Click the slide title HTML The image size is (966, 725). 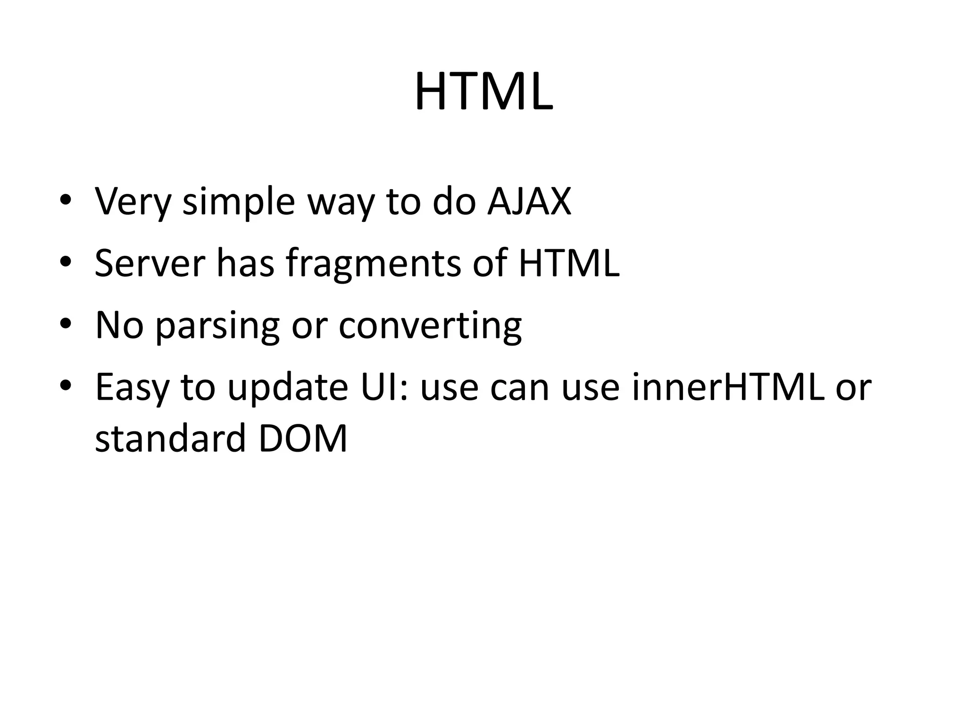483,92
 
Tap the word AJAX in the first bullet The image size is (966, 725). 529,202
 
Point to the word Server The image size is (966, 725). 150,263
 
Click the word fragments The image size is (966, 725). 373,264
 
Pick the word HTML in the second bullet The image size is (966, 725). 569,263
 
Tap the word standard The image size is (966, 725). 170,438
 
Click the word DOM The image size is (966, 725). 302,438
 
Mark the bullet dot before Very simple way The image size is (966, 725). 66,200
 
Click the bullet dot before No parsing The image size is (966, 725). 66,324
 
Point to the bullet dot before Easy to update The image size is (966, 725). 66,386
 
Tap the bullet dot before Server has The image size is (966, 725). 66,262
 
